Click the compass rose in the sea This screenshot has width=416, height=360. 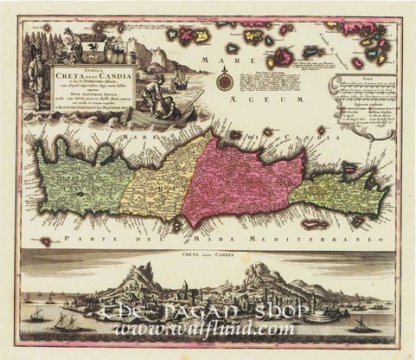click(224, 83)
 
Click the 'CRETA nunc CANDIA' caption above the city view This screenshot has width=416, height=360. click(208, 255)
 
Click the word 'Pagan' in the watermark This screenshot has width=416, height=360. click(212, 310)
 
